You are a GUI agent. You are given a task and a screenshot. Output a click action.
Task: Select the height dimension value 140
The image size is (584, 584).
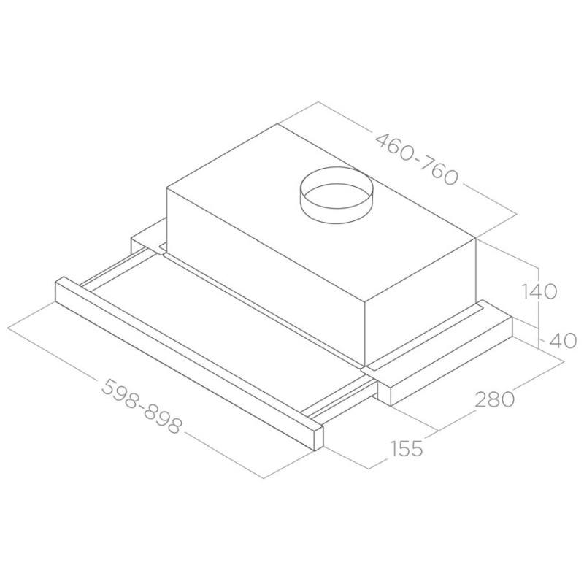click(x=539, y=291)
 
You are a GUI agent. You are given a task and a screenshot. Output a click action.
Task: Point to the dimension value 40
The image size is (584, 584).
click(x=562, y=339)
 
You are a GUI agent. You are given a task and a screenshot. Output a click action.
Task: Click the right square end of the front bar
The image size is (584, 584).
click(x=315, y=436)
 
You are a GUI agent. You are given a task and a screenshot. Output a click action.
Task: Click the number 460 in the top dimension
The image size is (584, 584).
click(x=393, y=145)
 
